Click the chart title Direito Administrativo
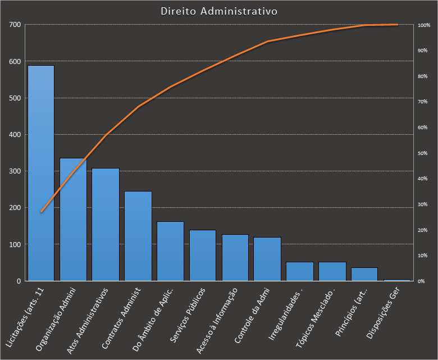[218, 11]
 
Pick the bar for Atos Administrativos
[106, 224]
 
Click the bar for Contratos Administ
[138, 236]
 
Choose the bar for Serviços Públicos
[203, 255]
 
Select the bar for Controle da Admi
[267, 259]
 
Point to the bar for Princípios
[364, 274]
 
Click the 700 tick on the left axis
[15, 25]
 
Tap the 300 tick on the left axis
[15, 171]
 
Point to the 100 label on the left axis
[15, 244]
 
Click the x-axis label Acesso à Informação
[218, 312]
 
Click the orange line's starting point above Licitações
[41, 212]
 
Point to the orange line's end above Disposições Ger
[397, 25]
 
